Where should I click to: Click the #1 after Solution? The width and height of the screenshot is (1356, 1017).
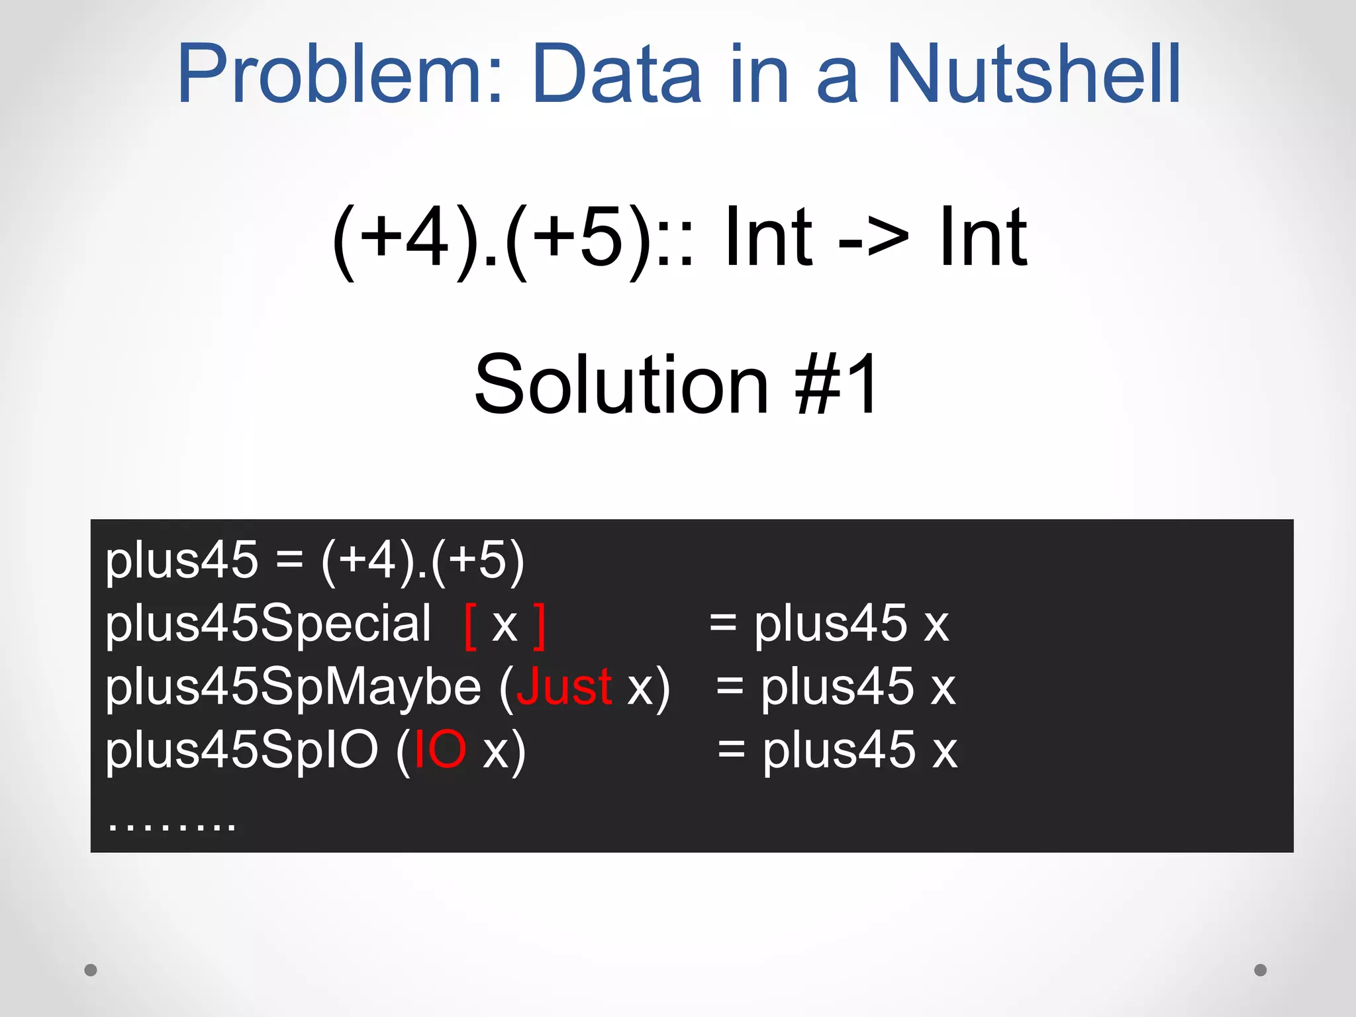[x=838, y=384]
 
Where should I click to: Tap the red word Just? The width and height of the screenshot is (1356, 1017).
[x=563, y=687]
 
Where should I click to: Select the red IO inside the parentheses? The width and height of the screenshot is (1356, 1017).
[x=440, y=750]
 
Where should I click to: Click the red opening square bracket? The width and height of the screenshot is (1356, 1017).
[x=471, y=626]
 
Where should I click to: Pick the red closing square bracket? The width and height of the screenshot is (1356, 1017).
[x=540, y=626]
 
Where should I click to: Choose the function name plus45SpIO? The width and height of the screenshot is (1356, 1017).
[x=242, y=750]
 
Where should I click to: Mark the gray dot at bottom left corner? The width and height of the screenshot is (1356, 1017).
[x=91, y=970]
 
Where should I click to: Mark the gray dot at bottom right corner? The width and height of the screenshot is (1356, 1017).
[x=1261, y=970]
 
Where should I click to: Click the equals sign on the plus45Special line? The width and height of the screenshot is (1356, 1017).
[x=722, y=623]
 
